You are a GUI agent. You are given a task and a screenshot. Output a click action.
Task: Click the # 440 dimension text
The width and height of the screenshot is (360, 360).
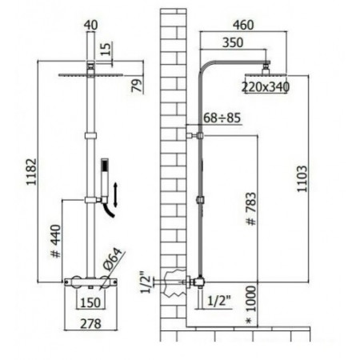pos(54,242)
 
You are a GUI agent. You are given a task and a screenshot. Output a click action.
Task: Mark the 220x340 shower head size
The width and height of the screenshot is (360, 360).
pos(265,86)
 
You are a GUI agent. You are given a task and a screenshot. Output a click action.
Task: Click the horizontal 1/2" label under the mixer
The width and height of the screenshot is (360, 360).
pos(218,301)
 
